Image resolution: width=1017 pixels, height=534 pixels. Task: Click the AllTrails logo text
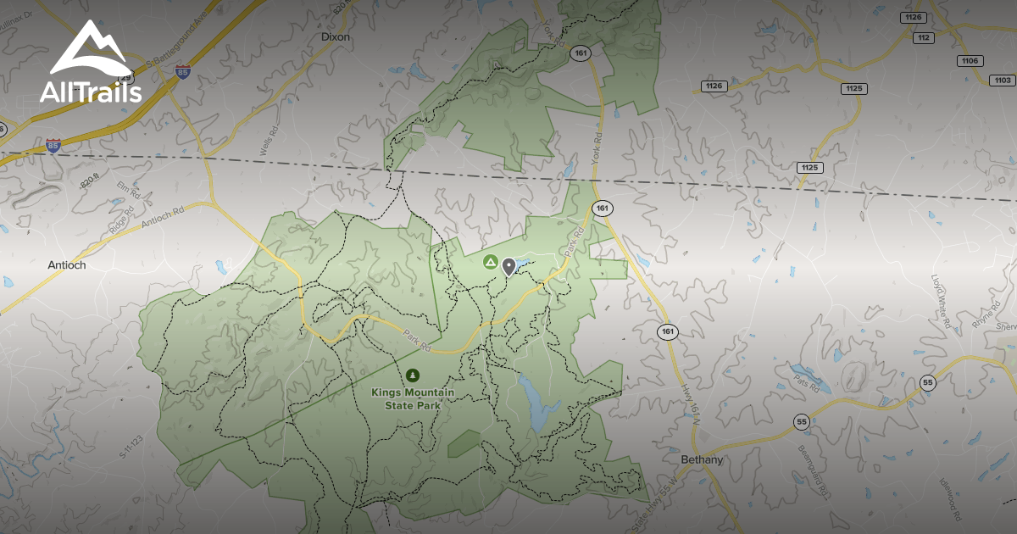[90, 92]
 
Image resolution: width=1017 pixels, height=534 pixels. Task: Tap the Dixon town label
[336, 37]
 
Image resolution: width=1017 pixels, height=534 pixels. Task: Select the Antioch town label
[66, 265]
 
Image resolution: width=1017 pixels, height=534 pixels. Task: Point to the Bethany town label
[702, 460]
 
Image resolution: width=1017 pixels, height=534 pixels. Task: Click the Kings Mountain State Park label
[413, 398]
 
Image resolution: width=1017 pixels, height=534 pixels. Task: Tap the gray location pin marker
[508, 267]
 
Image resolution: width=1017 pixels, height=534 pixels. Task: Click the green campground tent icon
[490, 263]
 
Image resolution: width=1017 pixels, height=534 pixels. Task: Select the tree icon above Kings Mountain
[413, 375]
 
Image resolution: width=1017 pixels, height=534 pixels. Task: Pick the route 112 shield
[924, 37]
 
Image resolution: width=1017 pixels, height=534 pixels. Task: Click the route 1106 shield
[970, 60]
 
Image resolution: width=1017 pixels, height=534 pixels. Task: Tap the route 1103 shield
[1002, 81]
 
